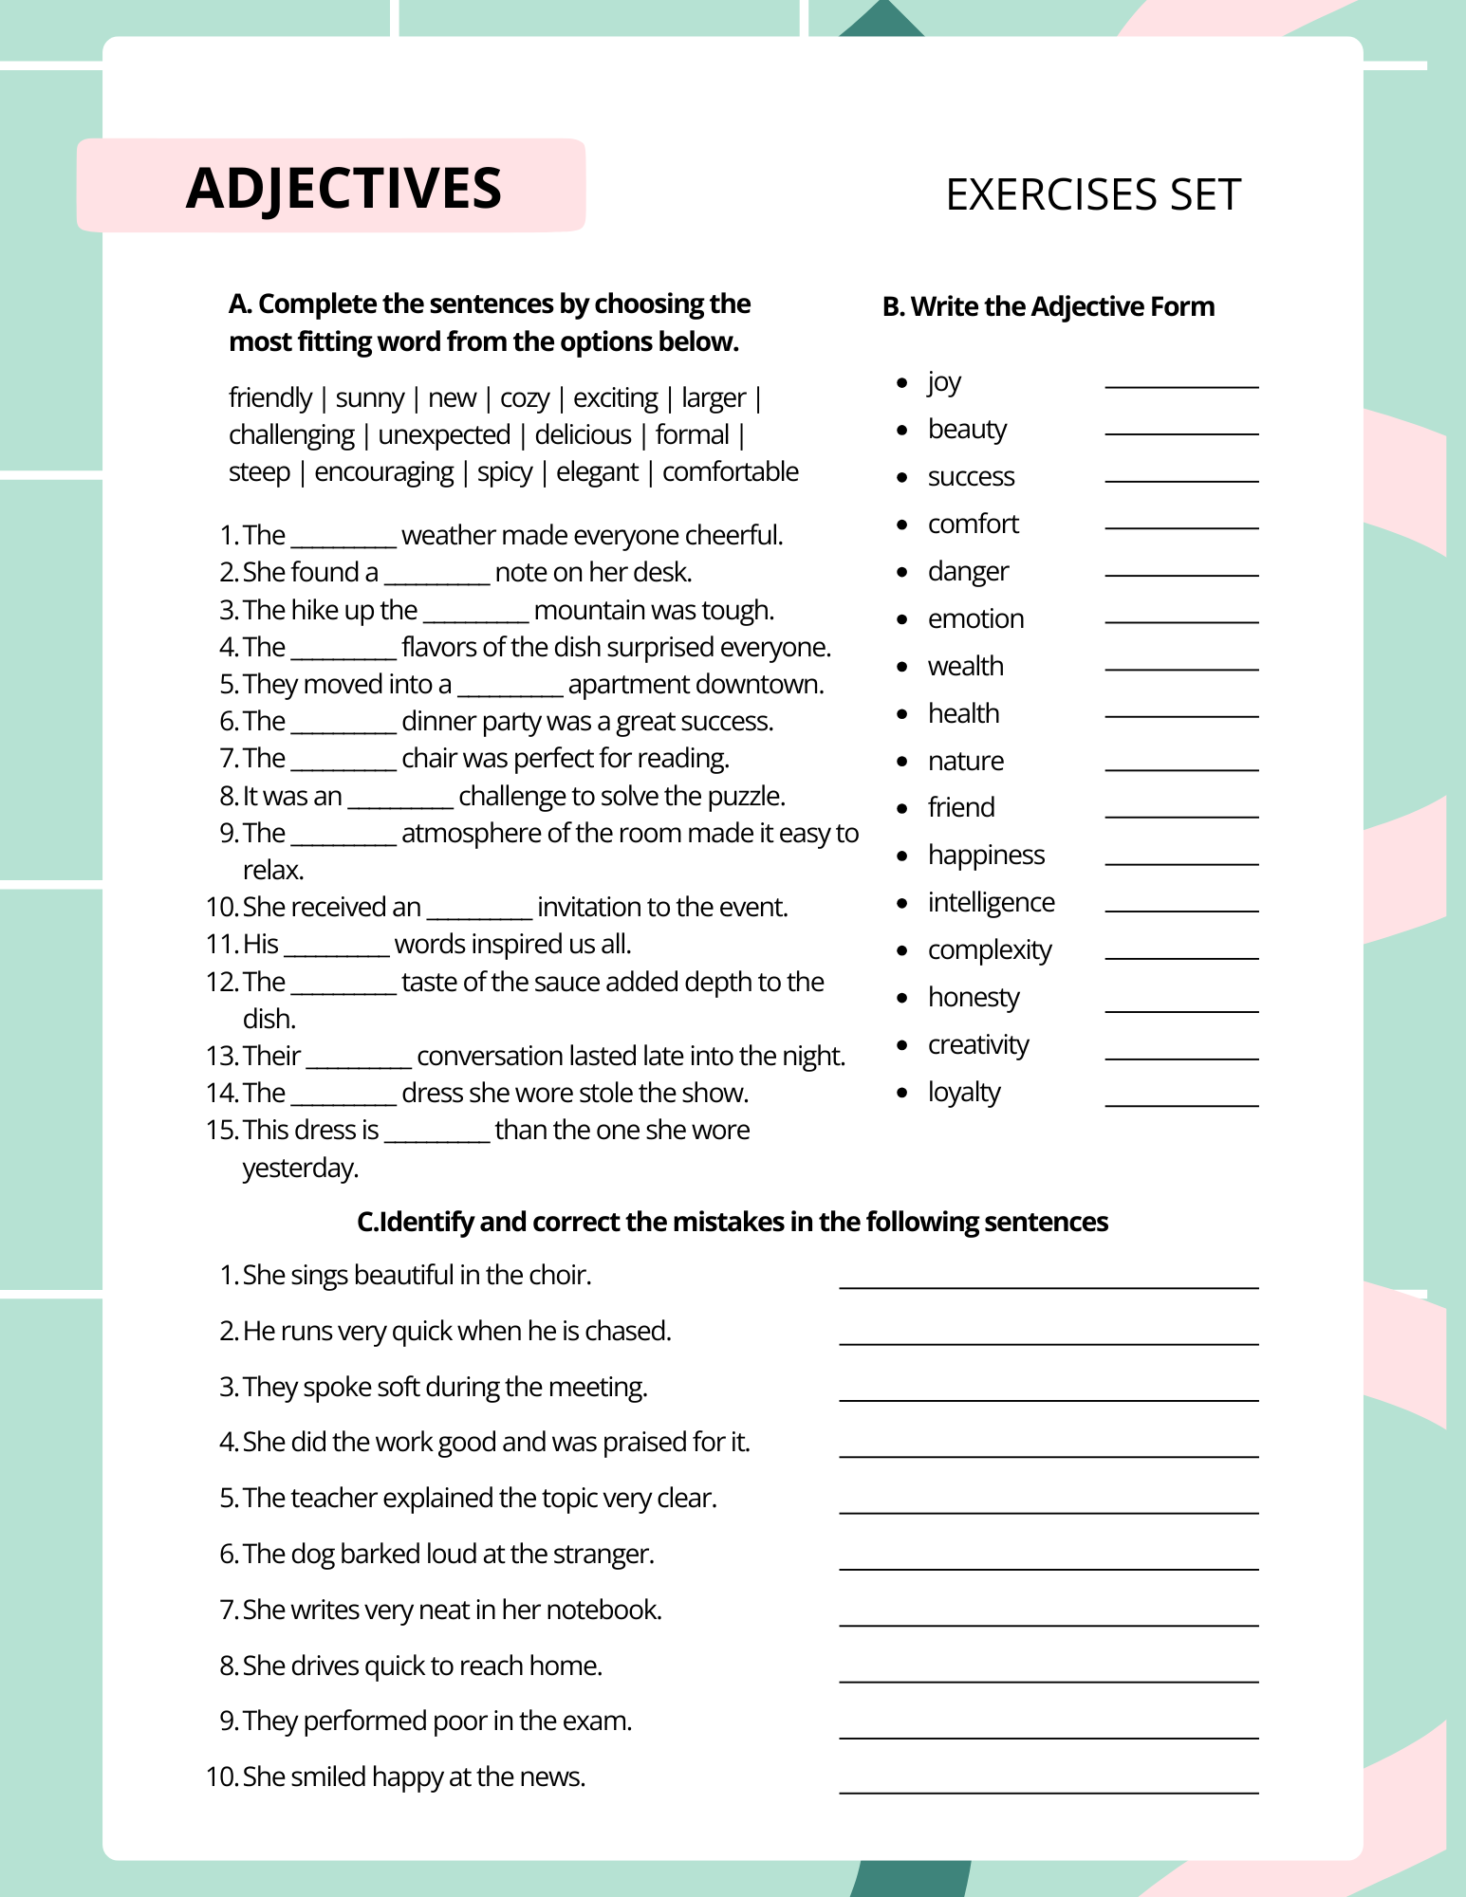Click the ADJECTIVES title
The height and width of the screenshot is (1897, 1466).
[x=343, y=187]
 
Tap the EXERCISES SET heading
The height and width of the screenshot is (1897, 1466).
[x=1093, y=194]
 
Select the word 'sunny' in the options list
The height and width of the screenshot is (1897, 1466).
[x=370, y=397]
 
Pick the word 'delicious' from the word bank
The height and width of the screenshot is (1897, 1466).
[x=583, y=434]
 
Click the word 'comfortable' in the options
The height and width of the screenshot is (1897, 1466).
[x=730, y=471]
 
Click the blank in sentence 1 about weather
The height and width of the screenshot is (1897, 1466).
[x=343, y=539]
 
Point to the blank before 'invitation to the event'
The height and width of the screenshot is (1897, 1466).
[x=479, y=911]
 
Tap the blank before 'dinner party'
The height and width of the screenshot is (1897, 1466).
[x=343, y=725]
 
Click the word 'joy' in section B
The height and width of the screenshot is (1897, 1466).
[x=944, y=381]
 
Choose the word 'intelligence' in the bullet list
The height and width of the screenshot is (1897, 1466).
[x=991, y=902]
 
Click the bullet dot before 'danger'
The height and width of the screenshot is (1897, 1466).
[x=902, y=572]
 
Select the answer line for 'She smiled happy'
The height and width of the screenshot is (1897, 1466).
[x=1048, y=1791]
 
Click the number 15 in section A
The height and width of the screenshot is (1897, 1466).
[x=220, y=1130]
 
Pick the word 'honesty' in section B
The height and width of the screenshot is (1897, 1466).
[x=974, y=997]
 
